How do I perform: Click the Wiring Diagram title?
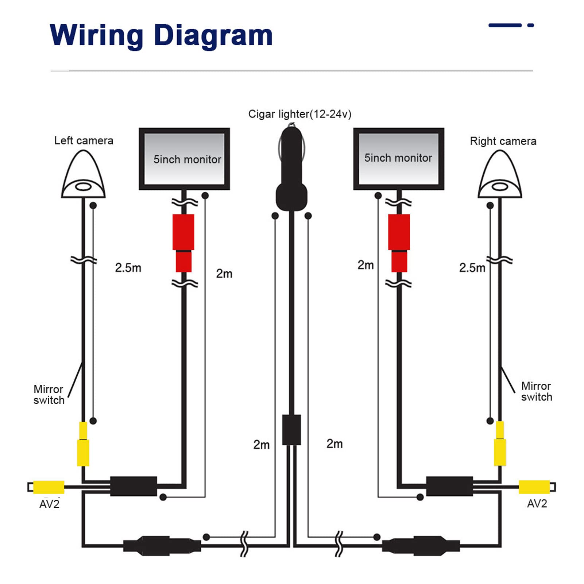tap(161, 36)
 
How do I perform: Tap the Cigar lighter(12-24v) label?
tap(300, 114)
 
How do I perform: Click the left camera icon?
tap(84, 174)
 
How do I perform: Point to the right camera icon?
tap(500, 174)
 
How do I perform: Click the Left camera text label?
tap(84, 141)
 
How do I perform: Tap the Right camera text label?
tap(503, 141)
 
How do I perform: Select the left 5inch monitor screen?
tap(184, 159)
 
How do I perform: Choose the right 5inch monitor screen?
tap(399, 159)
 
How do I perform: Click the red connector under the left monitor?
tap(183, 243)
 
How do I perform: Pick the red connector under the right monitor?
tap(399, 243)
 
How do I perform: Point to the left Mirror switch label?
tap(49, 395)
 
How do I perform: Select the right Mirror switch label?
tap(537, 391)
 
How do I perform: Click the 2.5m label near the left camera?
tap(128, 268)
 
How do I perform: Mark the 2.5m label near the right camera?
tap(472, 268)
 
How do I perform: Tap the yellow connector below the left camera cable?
tap(83, 444)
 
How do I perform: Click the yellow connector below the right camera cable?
tap(500, 444)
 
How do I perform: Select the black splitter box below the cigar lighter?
tap(292, 430)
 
